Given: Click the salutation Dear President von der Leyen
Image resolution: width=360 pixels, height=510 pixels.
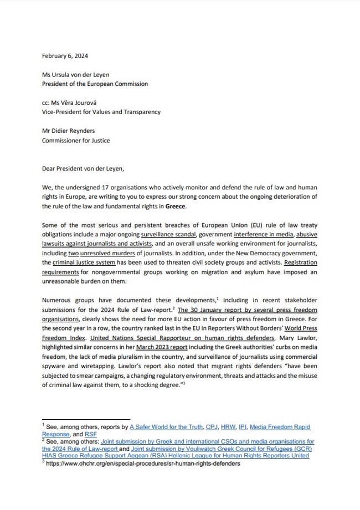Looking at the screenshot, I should click(85, 168).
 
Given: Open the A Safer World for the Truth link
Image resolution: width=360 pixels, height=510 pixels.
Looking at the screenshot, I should click(171, 427).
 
